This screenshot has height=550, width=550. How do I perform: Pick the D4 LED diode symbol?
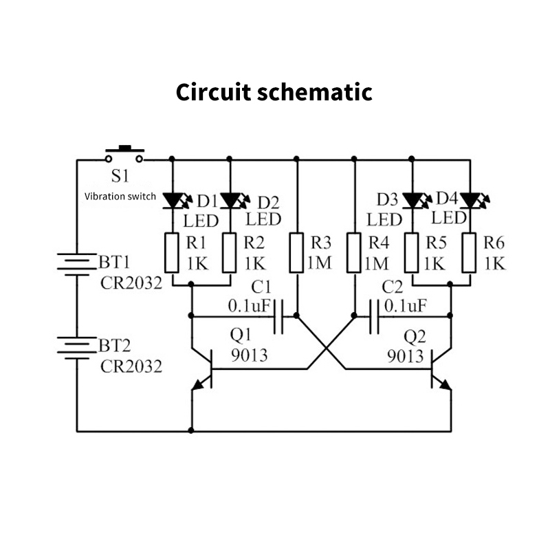click(x=470, y=199)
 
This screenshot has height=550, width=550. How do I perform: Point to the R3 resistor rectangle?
click(x=296, y=253)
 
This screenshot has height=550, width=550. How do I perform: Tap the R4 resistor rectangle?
click(x=353, y=253)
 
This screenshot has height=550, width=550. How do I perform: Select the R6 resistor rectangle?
click(x=470, y=253)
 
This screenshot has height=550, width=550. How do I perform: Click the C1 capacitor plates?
click(x=278, y=316)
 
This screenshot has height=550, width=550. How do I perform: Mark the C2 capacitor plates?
click(x=375, y=316)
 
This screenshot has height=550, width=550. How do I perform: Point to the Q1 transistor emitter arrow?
click(x=199, y=385)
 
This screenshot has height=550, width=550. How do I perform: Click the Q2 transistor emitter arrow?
click(x=444, y=385)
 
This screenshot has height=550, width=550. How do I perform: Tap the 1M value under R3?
click(x=320, y=263)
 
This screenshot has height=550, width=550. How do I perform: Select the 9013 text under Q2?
click(x=405, y=357)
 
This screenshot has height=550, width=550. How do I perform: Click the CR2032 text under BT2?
click(x=131, y=366)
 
